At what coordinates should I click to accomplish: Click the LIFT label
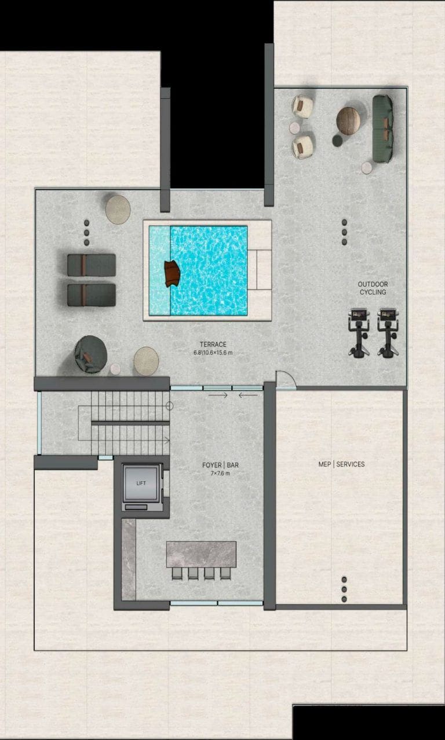[x=141, y=483]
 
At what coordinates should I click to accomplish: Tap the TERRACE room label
[x=213, y=344]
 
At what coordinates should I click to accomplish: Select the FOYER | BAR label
[x=220, y=465]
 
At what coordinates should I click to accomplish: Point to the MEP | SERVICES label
[x=341, y=464]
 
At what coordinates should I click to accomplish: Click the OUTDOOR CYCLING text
[x=373, y=288]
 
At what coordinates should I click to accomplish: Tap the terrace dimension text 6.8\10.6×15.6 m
[x=213, y=353]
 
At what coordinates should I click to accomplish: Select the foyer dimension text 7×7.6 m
[x=220, y=474]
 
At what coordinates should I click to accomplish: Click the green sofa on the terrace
[x=383, y=129]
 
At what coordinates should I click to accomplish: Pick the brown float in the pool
[x=173, y=273]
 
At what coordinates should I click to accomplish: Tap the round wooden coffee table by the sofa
[x=348, y=121]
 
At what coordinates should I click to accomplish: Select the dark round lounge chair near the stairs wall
[x=90, y=354]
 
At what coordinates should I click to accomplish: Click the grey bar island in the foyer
[x=201, y=554]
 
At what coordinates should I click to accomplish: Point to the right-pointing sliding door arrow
[x=218, y=395]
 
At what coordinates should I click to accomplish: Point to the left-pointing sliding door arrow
[x=248, y=395]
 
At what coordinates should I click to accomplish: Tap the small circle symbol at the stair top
[x=169, y=406]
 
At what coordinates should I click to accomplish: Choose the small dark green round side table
[x=338, y=141]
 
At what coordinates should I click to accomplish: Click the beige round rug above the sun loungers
[x=118, y=210]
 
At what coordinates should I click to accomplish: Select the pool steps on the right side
[x=260, y=270]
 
